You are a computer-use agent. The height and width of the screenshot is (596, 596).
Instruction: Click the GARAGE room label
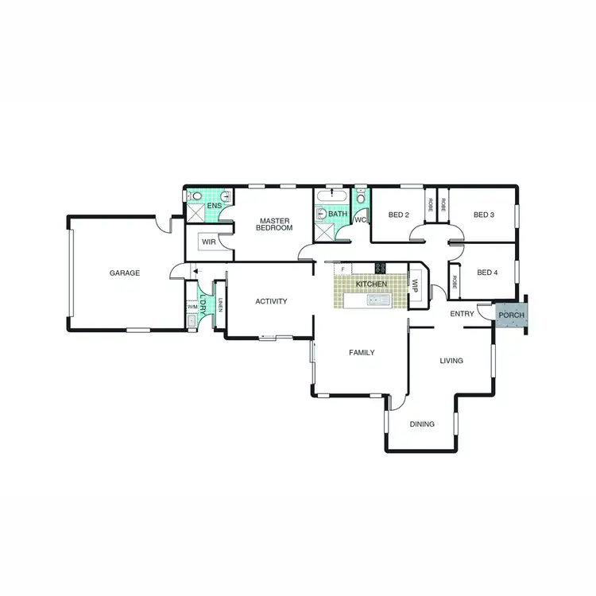point(125,273)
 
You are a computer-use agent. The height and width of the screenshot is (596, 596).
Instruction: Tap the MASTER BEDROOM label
point(274,224)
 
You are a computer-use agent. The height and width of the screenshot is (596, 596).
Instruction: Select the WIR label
point(209,242)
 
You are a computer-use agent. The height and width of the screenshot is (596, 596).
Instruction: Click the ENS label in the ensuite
point(214,207)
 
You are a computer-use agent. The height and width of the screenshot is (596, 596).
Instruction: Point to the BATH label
point(338,214)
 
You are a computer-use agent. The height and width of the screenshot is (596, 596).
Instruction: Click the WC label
point(359,220)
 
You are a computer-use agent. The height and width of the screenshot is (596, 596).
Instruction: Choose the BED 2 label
point(398,215)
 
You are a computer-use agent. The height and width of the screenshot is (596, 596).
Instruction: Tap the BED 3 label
point(484,215)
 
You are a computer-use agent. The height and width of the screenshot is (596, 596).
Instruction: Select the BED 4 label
point(487,273)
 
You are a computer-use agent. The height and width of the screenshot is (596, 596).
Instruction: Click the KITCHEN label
point(371,284)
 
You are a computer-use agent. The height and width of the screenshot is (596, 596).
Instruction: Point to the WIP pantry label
point(415,283)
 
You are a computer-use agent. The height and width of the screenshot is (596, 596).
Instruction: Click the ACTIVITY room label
point(271,301)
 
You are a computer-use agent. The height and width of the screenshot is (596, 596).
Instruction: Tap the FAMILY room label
point(361,352)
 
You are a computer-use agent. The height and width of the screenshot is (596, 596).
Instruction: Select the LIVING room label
point(451,360)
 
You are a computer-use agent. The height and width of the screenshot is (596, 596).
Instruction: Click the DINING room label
point(422,424)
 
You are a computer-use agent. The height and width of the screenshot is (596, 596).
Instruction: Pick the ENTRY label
point(462,314)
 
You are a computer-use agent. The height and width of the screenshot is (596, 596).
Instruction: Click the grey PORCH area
point(510,315)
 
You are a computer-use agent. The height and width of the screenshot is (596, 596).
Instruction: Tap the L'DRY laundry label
point(203,306)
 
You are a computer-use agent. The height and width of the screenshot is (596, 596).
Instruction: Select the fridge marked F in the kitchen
point(343,270)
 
